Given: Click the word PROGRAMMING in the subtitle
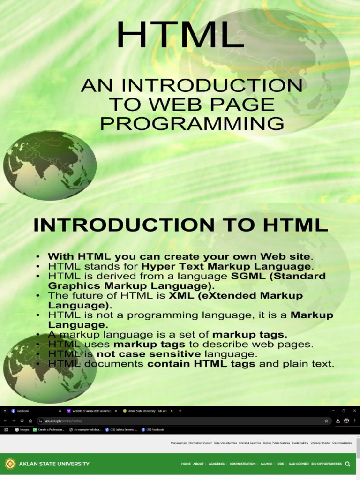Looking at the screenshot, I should pyautogui.click(x=192, y=124).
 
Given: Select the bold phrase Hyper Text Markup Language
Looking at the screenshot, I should pyautogui.click(x=226, y=266).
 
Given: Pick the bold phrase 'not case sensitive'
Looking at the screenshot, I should pyautogui.click(x=149, y=354).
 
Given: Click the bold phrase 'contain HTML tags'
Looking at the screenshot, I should pyautogui.click(x=202, y=364).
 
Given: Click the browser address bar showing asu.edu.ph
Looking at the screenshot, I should pyautogui.click(x=178, y=421).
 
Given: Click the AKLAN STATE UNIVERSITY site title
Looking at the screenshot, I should pyautogui.click(x=54, y=464).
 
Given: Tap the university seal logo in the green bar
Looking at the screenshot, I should pyautogui.click(x=10, y=464).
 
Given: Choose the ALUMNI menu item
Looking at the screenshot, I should pyautogui.click(x=268, y=464).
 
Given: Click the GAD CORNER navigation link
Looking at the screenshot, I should pyautogui.click(x=299, y=464).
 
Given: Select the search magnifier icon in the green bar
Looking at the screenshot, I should pyautogui.click(x=347, y=464).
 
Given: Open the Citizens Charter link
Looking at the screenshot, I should pyautogui.click(x=320, y=442).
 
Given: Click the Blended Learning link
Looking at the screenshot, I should pyautogui.click(x=249, y=442).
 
